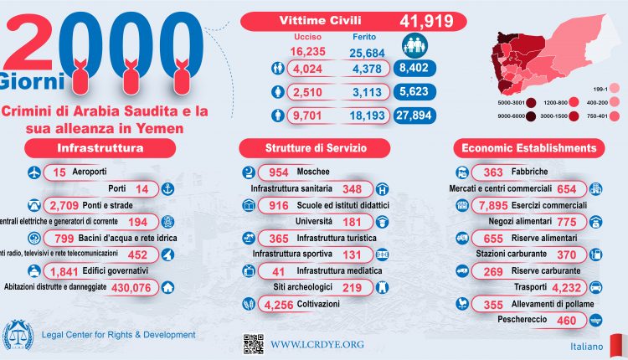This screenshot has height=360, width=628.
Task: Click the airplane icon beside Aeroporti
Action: tap(34, 172)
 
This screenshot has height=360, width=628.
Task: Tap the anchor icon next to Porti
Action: tap(167, 189)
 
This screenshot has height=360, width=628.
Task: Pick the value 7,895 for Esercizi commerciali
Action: tap(491, 205)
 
